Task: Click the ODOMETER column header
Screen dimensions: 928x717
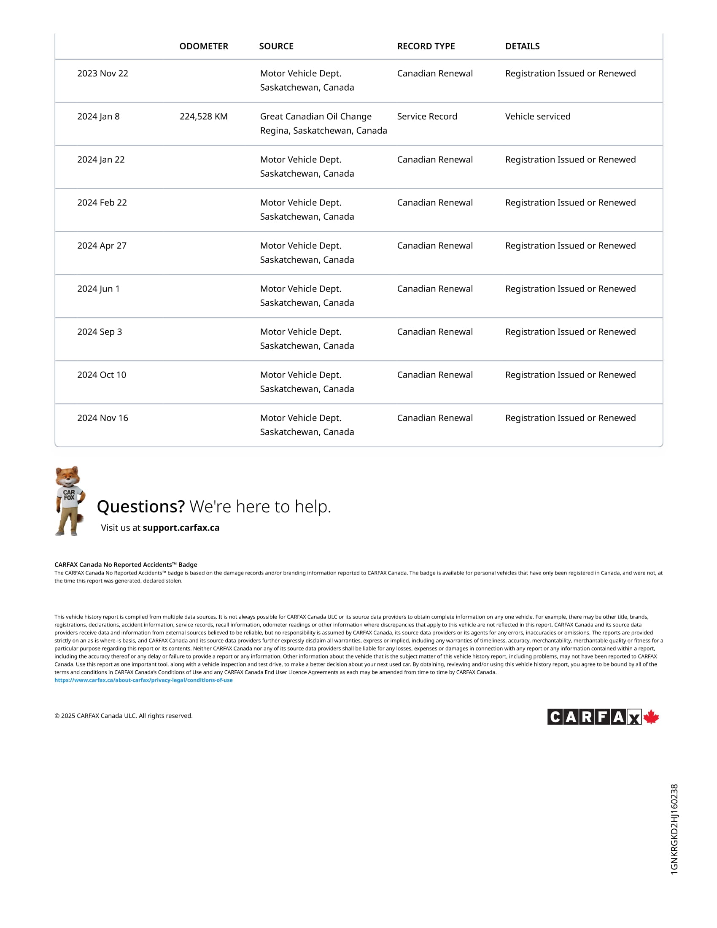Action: pyautogui.click(x=203, y=46)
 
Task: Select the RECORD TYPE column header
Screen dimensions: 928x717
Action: pyautogui.click(x=426, y=46)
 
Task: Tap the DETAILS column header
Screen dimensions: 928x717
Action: pyautogui.click(x=522, y=46)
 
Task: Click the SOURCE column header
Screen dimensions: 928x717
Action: pyautogui.click(x=276, y=46)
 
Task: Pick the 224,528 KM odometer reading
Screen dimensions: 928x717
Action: pyautogui.click(x=203, y=116)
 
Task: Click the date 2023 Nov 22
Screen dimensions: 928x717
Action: pyautogui.click(x=102, y=73)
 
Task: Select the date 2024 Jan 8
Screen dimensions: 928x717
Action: pyautogui.click(x=98, y=116)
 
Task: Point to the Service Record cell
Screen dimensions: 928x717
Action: pyautogui.click(x=427, y=116)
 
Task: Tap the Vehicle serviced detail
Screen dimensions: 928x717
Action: pyautogui.click(x=537, y=116)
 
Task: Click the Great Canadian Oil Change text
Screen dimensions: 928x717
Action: pyautogui.click(x=315, y=116)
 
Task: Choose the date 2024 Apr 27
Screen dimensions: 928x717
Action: pyautogui.click(x=102, y=245)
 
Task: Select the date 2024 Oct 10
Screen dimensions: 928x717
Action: pyautogui.click(x=102, y=375)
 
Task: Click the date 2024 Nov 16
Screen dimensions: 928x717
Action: pyautogui.click(x=102, y=418)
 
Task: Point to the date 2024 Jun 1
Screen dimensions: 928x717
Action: pyautogui.click(x=98, y=289)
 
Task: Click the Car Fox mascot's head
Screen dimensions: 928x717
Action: pyautogui.click(x=68, y=477)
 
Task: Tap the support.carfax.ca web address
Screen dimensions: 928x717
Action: pyautogui.click(x=181, y=528)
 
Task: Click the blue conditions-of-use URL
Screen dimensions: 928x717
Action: pyautogui.click(x=143, y=680)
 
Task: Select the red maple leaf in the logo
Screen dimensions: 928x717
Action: pyautogui.click(x=651, y=717)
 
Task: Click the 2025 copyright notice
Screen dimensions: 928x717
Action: pyautogui.click(x=123, y=716)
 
